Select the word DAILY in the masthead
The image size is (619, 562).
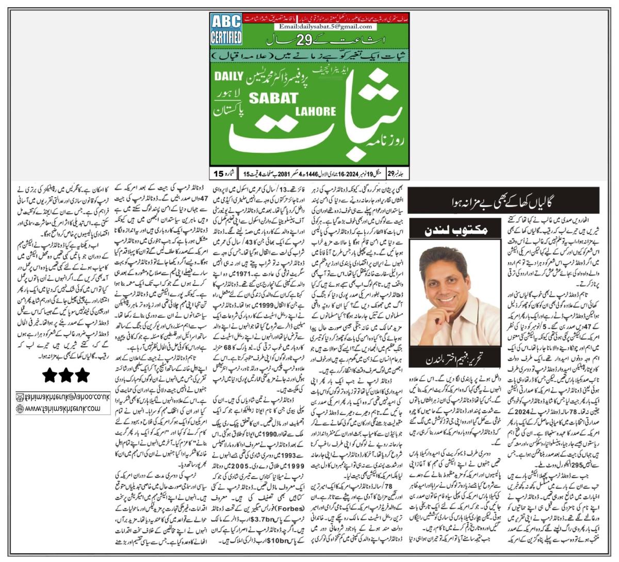227,76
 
